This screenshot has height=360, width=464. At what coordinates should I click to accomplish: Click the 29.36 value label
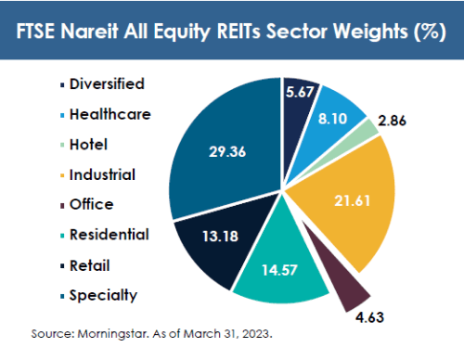227,151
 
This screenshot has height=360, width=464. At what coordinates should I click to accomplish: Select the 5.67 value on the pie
300,92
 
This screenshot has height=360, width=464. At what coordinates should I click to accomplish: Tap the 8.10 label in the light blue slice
332,119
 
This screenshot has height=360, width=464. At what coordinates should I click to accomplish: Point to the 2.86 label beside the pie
392,121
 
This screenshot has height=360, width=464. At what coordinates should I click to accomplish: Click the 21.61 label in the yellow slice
353,200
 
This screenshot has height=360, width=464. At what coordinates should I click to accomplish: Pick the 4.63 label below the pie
369,317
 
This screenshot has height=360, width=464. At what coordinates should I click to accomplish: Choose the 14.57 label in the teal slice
279,270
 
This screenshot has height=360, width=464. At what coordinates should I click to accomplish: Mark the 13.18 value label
221,237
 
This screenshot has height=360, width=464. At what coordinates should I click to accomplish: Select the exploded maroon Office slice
341,276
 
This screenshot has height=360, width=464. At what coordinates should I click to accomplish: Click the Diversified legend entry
102,84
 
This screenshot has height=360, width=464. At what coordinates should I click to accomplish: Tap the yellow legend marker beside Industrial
62,176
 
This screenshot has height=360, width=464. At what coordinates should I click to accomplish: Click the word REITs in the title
239,32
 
